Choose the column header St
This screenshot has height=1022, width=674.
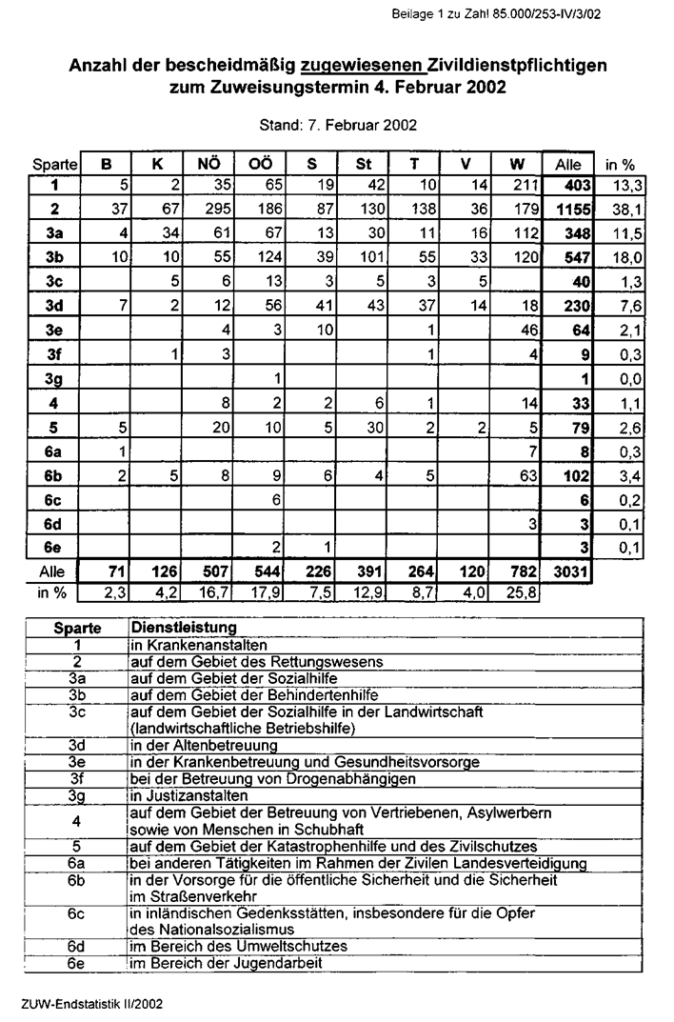(x=363, y=163)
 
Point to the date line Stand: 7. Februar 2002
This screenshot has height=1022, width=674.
(x=337, y=125)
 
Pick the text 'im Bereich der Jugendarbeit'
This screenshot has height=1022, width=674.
(x=226, y=963)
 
